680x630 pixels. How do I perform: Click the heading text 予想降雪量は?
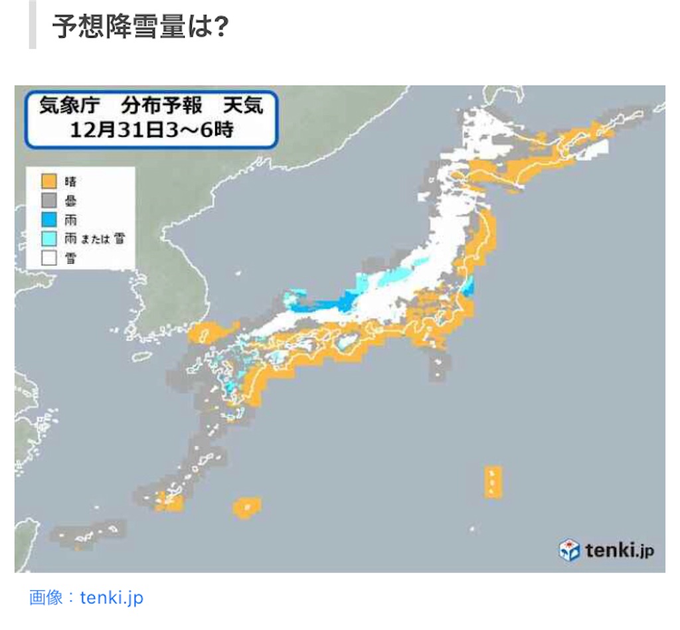(140, 27)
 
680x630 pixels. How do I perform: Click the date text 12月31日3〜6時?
(151, 130)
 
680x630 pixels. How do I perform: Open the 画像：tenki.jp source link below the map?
(86, 597)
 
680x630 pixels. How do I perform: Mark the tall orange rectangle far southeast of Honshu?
(493, 481)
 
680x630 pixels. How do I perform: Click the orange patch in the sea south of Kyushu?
(246, 507)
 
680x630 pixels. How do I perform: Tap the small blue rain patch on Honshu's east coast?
(467, 287)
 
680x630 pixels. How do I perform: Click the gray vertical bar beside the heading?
(32, 25)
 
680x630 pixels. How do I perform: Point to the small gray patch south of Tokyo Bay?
(440, 366)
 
